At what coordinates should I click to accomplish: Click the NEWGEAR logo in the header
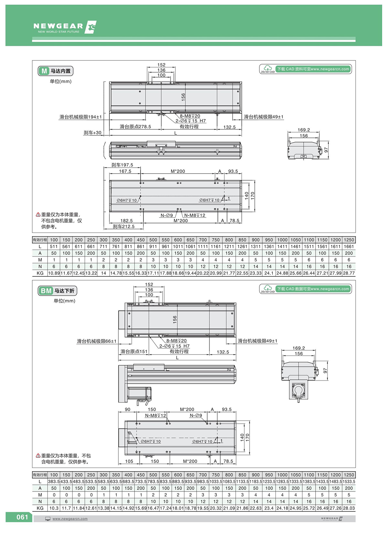click(65, 27)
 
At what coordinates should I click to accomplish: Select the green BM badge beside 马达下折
click(46, 291)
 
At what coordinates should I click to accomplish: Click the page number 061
click(22, 517)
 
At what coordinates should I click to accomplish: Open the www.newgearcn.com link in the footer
click(70, 519)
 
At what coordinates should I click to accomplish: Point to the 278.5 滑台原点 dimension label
click(135, 127)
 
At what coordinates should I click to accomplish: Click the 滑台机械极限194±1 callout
click(81, 117)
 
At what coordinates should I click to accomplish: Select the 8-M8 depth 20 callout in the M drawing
click(190, 116)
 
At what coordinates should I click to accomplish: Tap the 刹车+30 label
click(92, 132)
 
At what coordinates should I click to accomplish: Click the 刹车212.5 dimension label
click(124, 227)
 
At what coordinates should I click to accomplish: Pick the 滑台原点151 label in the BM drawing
click(134, 351)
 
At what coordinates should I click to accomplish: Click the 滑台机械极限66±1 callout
click(96, 341)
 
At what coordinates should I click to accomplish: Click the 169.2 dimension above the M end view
click(304, 130)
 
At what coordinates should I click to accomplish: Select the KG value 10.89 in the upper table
click(54, 273)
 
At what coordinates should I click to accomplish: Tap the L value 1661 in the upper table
click(349, 247)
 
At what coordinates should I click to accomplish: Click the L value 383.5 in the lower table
click(54, 482)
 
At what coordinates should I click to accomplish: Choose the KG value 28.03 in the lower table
click(349, 508)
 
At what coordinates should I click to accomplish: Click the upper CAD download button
click(305, 69)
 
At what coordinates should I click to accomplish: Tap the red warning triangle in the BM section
click(38, 456)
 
